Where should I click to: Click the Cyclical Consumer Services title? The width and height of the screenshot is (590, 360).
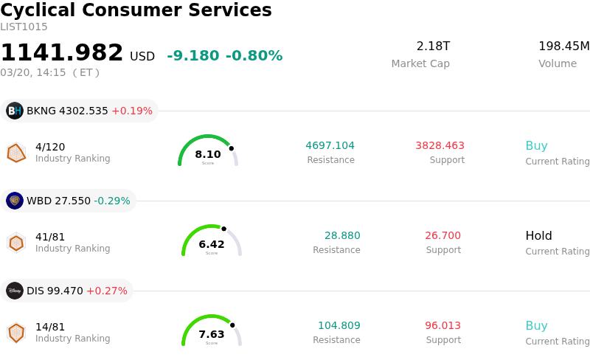click(136, 11)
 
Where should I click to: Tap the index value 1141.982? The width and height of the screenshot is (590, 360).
click(62, 53)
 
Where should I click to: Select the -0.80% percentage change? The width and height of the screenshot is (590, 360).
click(254, 56)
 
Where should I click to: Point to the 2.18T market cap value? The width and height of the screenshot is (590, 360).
click(433, 46)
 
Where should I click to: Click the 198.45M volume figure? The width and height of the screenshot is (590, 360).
click(563, 46)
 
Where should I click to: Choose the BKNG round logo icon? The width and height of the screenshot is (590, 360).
click(15, 111)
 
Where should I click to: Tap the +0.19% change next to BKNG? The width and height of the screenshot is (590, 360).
click(132, 111)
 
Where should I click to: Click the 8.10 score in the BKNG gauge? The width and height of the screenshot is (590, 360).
click(208, 154)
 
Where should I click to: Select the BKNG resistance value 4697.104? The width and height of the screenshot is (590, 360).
click(330, 145)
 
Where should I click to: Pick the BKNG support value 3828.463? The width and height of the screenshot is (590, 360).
click(440, 145)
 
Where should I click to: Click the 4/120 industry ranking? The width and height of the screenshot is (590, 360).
click(50, 147)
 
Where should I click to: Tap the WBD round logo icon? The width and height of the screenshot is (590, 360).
click(15, 201)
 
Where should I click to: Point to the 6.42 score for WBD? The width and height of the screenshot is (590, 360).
click(212, 244)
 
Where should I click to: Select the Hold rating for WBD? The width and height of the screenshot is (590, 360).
click(538, 236)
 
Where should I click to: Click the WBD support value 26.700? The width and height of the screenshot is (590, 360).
click(442, 235)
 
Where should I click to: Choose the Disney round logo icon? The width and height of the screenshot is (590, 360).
click(15, 291)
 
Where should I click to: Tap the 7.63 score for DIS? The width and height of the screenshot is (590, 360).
click(212, 334)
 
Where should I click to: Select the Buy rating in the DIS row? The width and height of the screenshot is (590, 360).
click(536, 326)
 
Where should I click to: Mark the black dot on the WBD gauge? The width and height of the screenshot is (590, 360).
click(224, 229)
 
